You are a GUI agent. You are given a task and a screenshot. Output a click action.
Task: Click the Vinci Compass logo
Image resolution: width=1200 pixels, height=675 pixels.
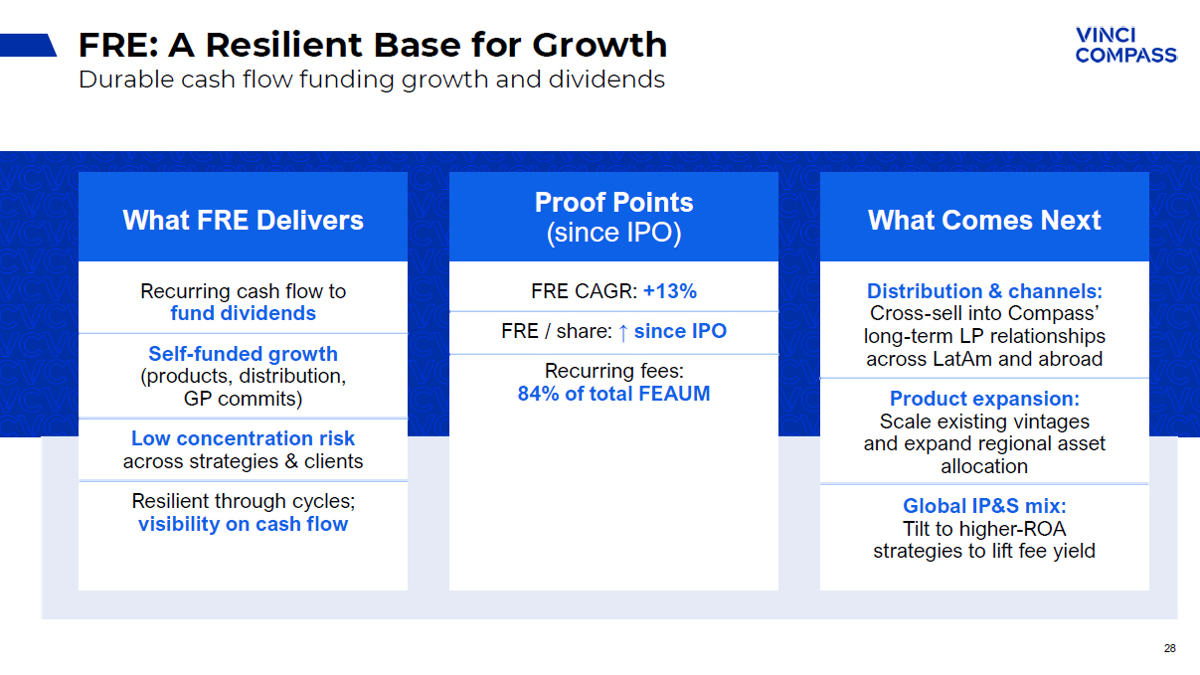pyautogui.click(x=1125, y=45)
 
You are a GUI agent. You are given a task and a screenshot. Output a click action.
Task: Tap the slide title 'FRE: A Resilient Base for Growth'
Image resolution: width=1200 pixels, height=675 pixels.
pyautogui.click(x=373, y=45)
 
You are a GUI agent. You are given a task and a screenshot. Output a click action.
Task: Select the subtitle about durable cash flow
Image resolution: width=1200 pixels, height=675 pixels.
pyautogui.click(x=372, y=80)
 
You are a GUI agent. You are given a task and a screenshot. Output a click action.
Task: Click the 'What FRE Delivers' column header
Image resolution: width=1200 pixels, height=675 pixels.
pyautogui.click(x=244, y=220)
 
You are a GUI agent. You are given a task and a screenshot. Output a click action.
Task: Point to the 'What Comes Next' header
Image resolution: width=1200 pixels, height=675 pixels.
pyautogui.click(x=984, y=220)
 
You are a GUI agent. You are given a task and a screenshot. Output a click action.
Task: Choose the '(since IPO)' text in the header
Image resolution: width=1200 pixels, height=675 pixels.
pyautogui.click(x=614, y=233)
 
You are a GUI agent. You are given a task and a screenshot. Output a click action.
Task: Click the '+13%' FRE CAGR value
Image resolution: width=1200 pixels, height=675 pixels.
pyautogui.click(x=670, y=291)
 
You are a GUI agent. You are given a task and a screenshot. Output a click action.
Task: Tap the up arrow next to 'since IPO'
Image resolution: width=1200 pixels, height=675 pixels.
pyautogui.click(x=623, y=332)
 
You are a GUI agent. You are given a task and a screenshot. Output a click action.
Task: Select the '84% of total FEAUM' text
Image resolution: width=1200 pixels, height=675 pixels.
pyautogui.click(x=614, y=394)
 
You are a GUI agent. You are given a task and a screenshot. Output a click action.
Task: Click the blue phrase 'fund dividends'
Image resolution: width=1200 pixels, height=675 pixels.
pyautogui.click(x=244, y=313)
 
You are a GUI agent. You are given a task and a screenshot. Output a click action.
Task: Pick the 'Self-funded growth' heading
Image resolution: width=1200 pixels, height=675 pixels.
pyautogui.click(x=244, y=354)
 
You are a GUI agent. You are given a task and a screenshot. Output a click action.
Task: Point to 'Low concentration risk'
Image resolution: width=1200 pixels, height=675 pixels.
pyautogui.click(x=243, y=438)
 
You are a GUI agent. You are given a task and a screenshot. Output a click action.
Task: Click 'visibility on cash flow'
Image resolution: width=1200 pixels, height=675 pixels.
pyautogui.click(x=244, y=524)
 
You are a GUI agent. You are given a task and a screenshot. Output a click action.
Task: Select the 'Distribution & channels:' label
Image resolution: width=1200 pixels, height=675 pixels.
pyautogui.click(x=984, y=291)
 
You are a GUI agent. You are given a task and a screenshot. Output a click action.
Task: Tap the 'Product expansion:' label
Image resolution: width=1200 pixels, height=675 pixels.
pyautogui.click(x=984, y=399)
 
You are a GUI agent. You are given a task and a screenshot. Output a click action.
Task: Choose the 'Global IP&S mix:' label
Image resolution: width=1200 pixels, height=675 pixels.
pyautogui.click(x=984, y=506)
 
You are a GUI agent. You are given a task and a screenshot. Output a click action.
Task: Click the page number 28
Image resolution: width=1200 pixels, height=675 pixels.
pyautogui.click(x=1169, y=648)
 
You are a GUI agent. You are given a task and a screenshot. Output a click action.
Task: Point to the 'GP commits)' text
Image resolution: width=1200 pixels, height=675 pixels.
pyautogui.click(x=244, y=399)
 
